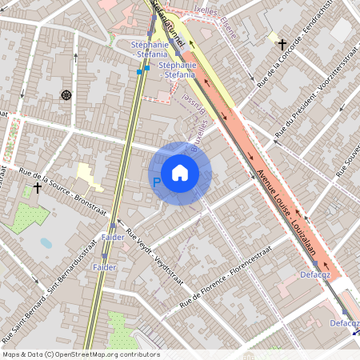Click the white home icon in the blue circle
click(180, 172)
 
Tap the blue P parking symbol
click(156, 183)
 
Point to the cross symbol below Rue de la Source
click(37, 188)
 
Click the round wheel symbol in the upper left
click(65, 95)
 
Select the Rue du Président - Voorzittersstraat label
click(314, 96)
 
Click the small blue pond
click(46, 242)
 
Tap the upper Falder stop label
click(113, 238)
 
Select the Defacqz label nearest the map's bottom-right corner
click(344, 323)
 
